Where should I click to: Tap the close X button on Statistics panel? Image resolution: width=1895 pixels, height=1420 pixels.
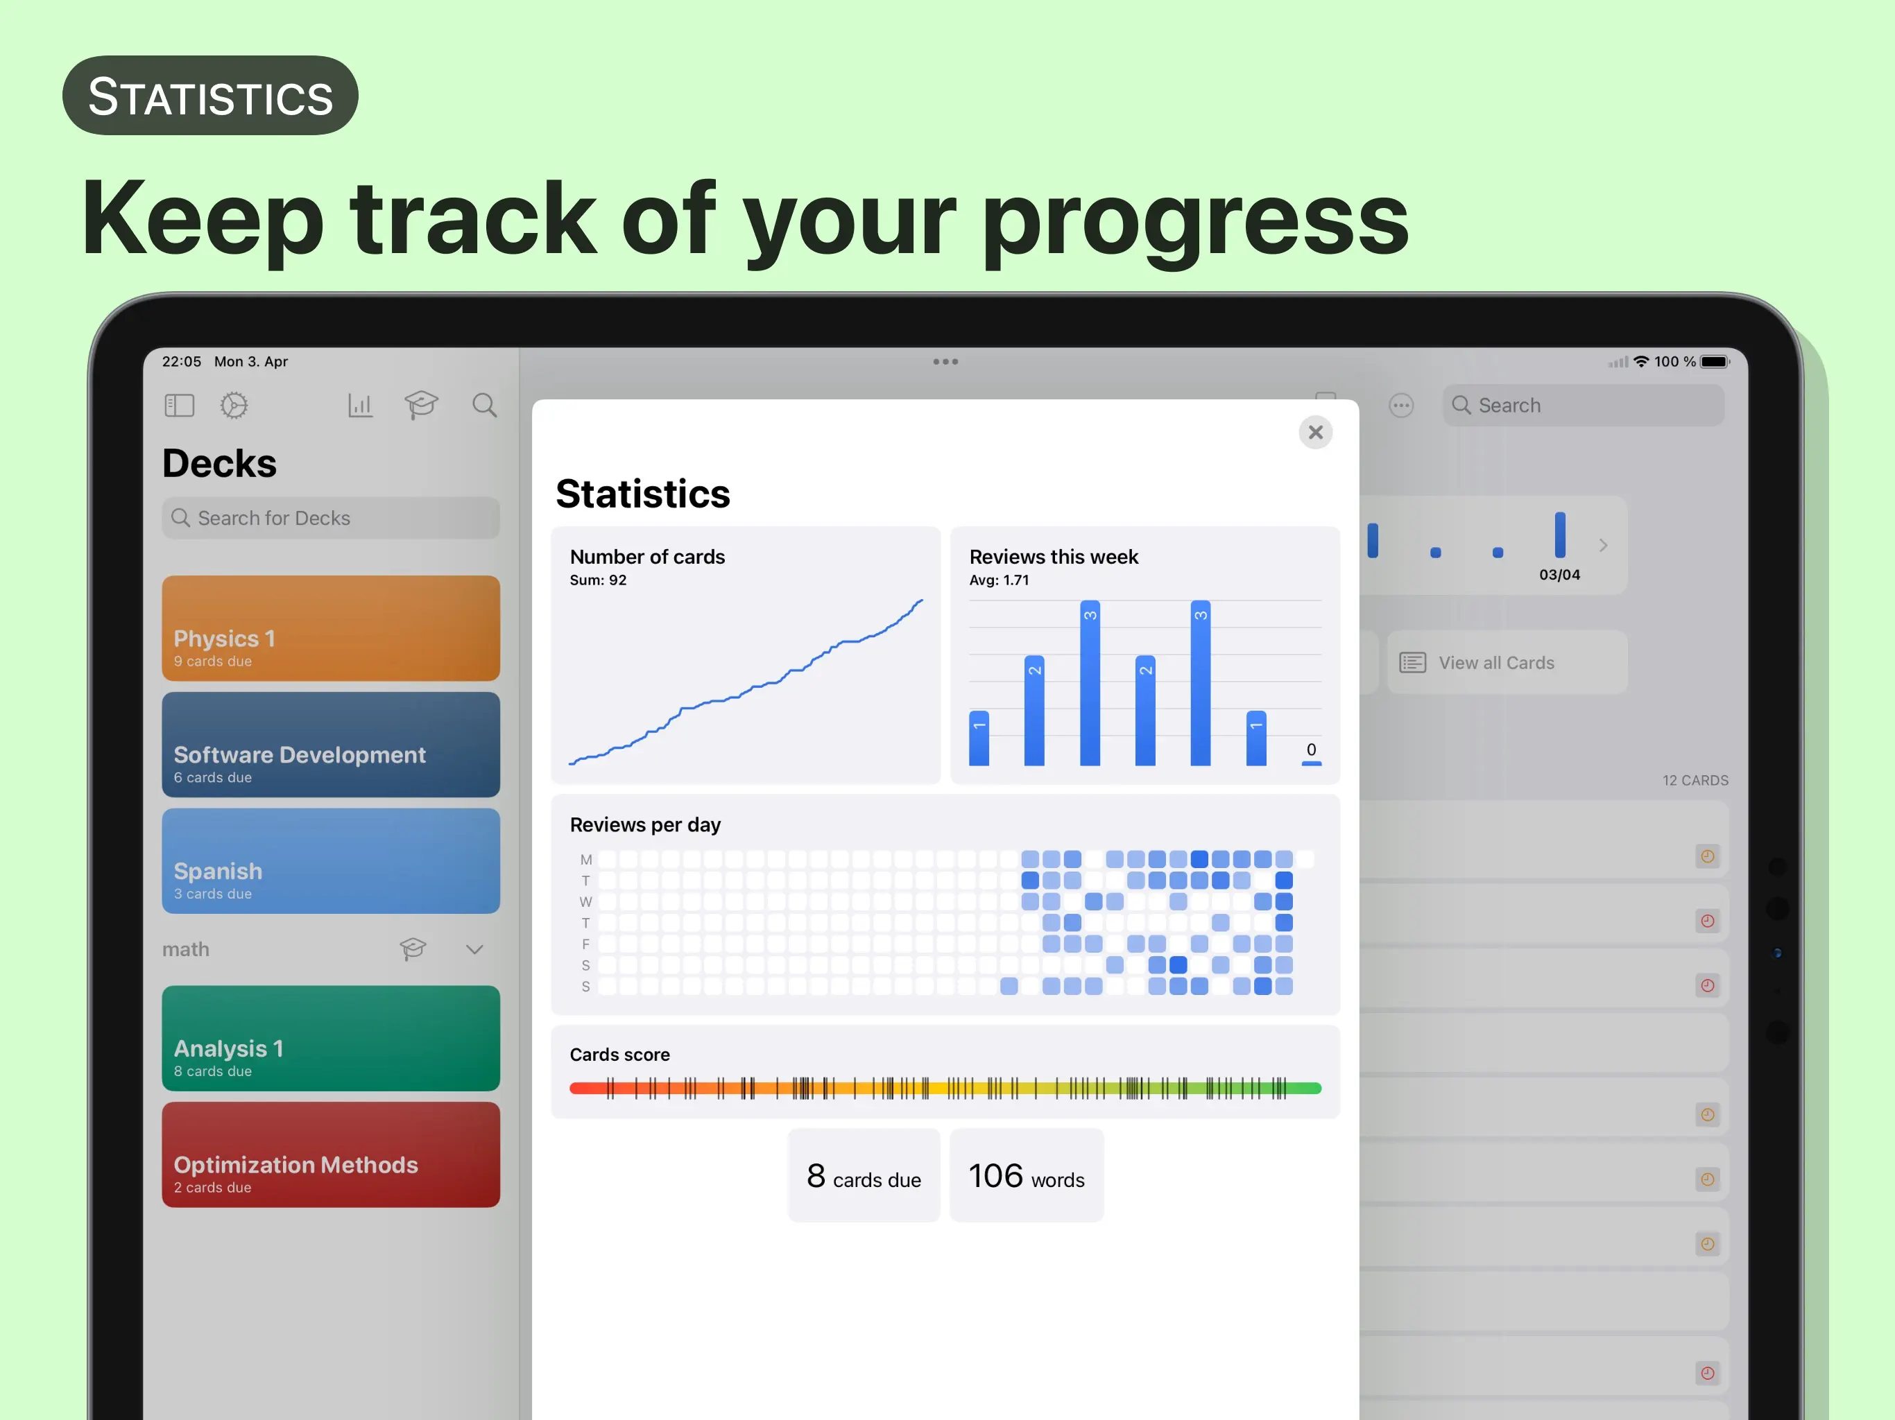(x=1315, y=433)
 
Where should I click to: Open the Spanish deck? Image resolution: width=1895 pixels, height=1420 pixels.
(x=331, y=860)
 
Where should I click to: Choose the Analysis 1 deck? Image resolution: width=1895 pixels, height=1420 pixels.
(x=331, y=1038)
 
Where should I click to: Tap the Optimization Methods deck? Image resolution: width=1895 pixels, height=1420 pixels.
(x=331, y=1154)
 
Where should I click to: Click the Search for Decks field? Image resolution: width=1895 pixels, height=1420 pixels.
(x=331, y=518)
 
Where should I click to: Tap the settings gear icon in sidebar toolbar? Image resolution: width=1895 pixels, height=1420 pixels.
(x=234, y=405)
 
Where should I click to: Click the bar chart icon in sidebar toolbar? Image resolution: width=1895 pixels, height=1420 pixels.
(x=360, y=405)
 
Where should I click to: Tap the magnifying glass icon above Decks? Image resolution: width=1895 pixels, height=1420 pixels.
(x=485, y=405)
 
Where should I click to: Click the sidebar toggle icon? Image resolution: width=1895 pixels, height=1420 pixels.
(x=179, y=405)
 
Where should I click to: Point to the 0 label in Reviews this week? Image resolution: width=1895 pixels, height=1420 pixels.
(x=1311, y=750)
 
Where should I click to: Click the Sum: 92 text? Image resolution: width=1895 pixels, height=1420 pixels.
(x=598, y=580)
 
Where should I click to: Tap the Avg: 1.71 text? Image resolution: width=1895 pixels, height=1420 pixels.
(x=999, y=580)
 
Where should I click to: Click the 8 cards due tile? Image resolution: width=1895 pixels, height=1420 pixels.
(x=864, y=1175)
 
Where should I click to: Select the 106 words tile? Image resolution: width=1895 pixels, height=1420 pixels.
(x=1027, y=1175)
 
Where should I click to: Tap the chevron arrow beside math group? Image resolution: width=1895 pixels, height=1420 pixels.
(x=474, y=949)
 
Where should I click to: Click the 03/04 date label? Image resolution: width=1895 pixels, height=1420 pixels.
(x=1559, y=575)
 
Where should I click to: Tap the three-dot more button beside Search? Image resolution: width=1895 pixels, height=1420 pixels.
(x=1400, y=405)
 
